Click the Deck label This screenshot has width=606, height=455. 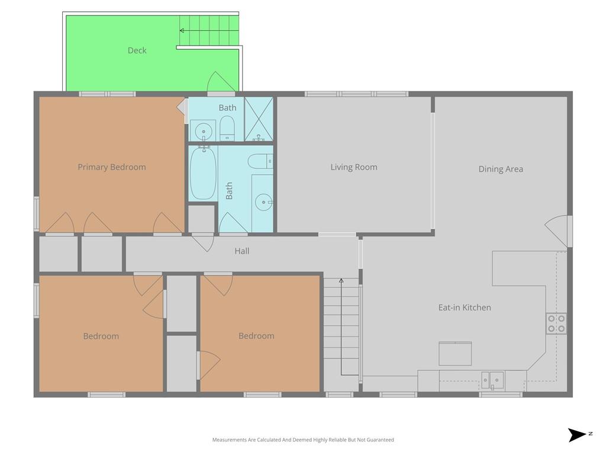(137, 50)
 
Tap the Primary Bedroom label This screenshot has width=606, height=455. (112, 167)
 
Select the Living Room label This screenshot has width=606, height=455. (354, 167)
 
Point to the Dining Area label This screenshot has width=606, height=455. (501, 169)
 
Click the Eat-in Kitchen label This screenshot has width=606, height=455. (465, 307)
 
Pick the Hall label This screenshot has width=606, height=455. (242, 251)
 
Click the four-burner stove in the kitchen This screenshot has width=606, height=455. (556, 323)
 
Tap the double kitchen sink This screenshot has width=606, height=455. (492, 380)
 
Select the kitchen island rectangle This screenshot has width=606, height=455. (455, 354)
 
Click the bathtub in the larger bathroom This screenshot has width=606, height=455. (203, 173)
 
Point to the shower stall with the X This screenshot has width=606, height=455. (259, 118)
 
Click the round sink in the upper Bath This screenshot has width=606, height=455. (204, 131)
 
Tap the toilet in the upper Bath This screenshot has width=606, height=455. (227, 129)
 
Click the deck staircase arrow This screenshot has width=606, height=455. (209, 31)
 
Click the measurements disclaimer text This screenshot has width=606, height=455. (303, 440)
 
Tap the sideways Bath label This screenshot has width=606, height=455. (229, 191)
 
